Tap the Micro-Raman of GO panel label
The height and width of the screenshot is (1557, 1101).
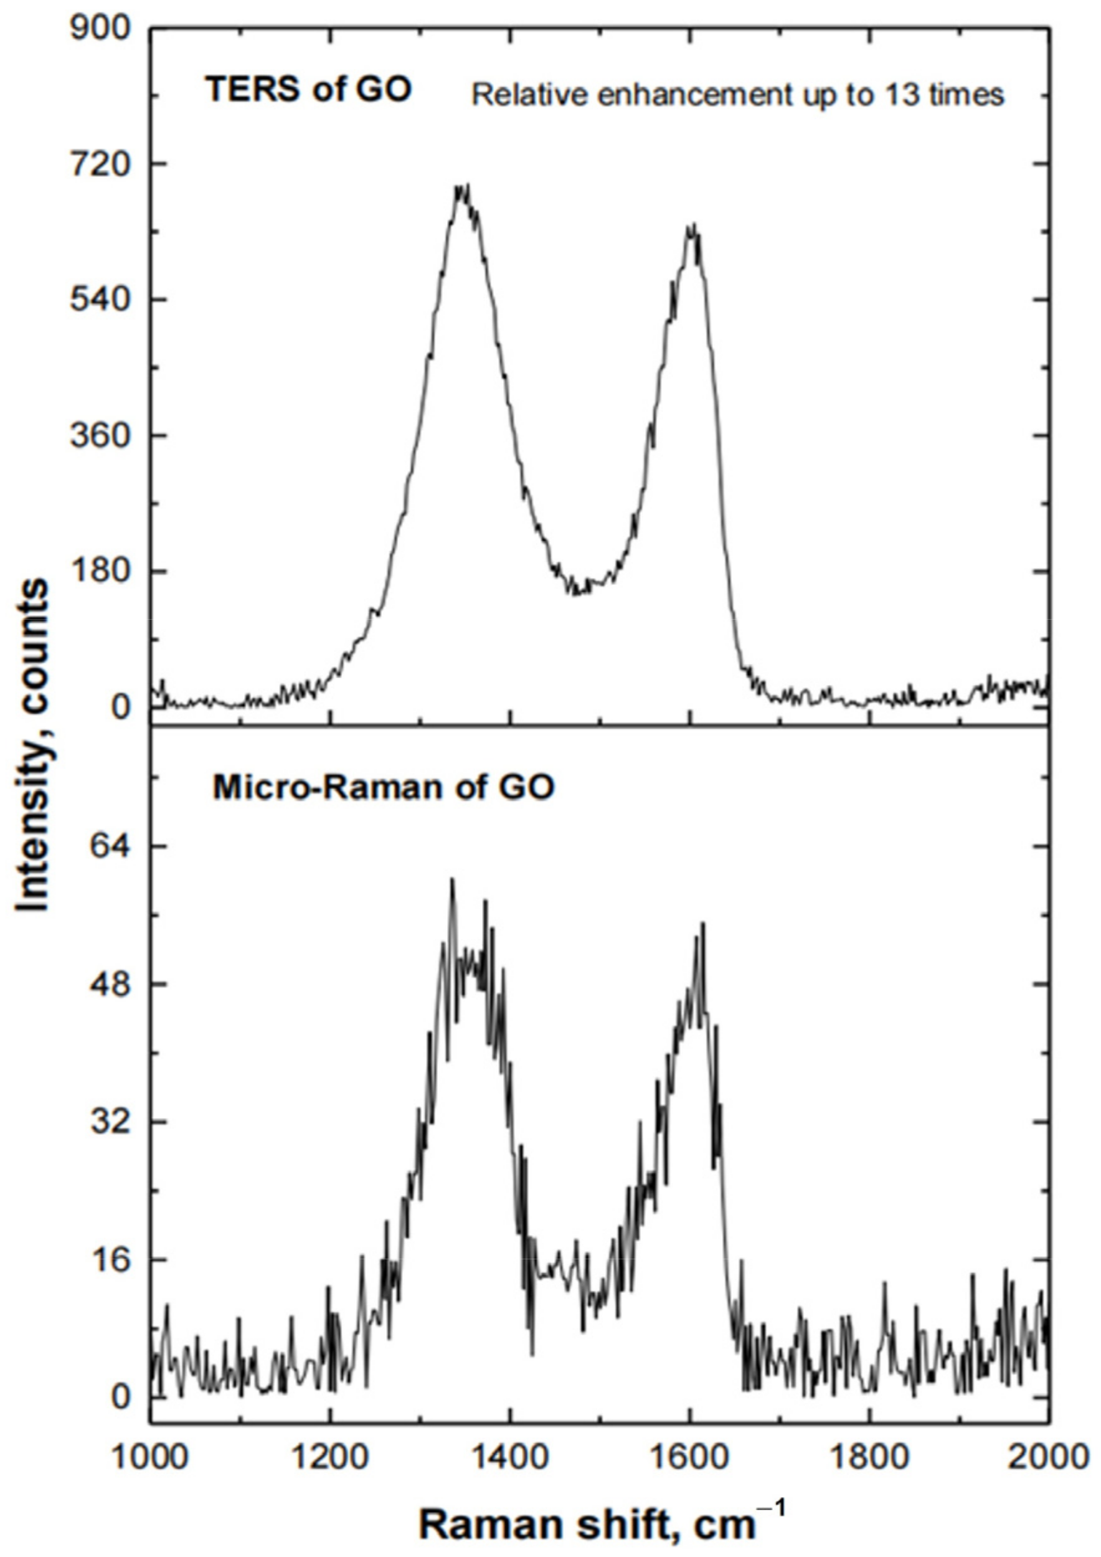pyautogui.click(x=384, y=787)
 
